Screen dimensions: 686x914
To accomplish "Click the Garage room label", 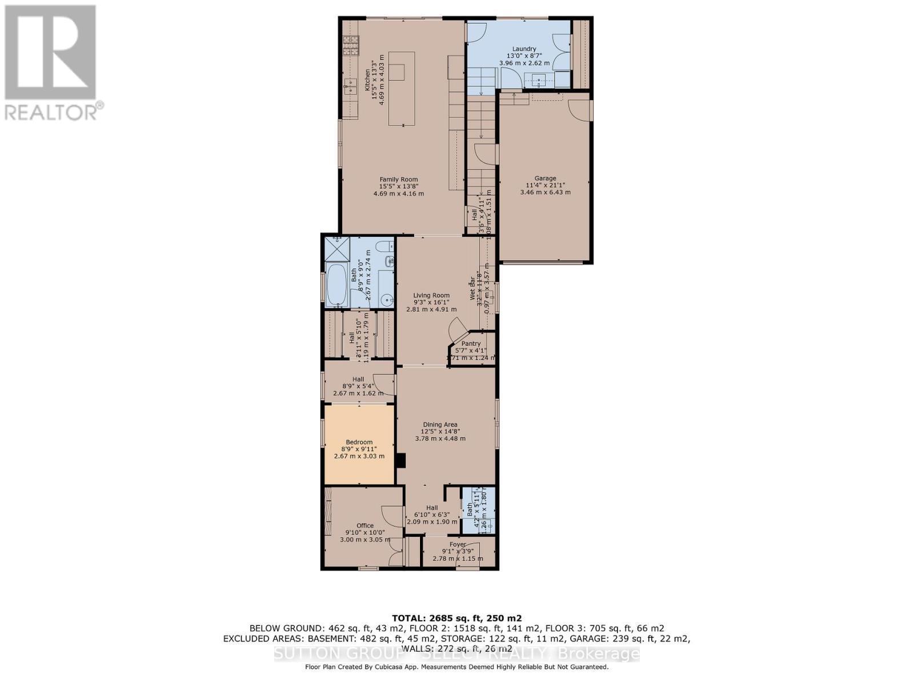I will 545,178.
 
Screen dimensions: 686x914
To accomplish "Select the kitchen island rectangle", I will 402,88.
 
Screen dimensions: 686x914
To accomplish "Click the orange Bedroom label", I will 359,442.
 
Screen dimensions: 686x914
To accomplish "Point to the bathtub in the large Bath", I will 335,284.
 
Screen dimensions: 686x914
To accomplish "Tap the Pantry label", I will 471,344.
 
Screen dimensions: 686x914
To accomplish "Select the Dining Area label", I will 440,424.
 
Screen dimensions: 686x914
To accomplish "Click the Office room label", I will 365,525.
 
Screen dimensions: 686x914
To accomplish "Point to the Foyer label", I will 458,544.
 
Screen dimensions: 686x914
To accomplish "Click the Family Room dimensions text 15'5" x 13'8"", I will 399,186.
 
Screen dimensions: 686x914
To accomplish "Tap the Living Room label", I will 431,296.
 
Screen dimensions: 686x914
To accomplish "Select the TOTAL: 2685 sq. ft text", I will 456,618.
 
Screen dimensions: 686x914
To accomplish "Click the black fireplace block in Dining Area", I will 401,461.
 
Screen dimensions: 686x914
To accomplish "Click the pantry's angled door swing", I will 457,329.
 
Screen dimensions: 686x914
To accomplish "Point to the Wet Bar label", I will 472,289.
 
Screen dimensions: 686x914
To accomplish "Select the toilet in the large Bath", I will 386,246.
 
